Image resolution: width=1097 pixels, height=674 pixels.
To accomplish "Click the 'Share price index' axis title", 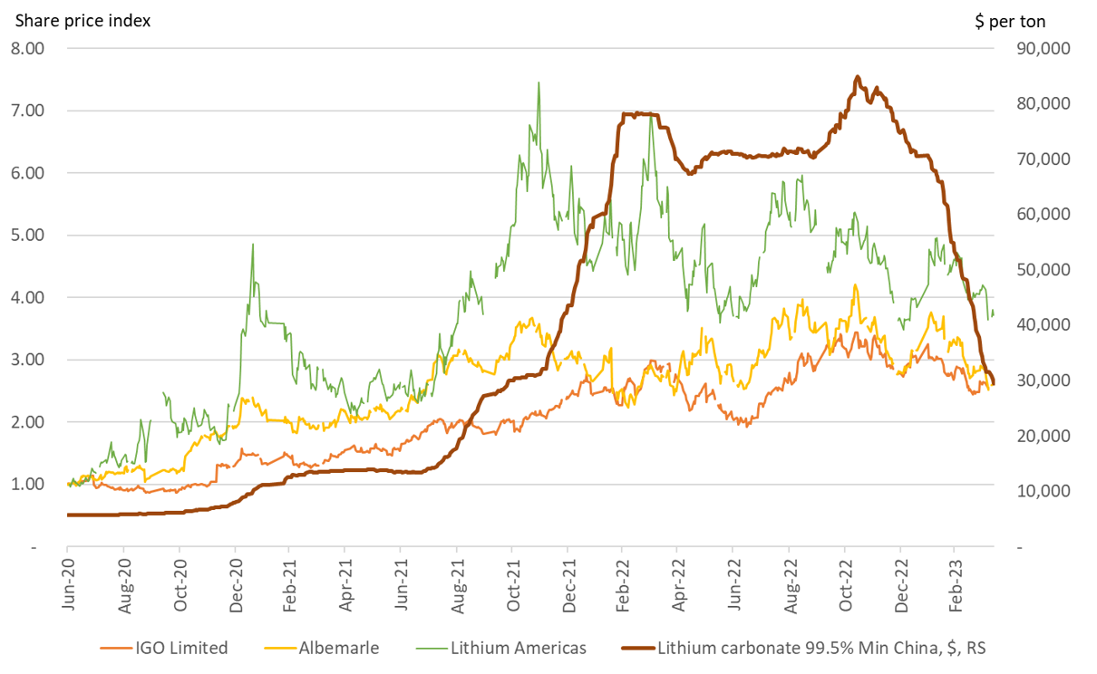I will pyautogui.click(x=83, y=19).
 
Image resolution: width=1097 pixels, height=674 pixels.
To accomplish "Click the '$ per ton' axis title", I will pyautogui.click(x=1009, y=21).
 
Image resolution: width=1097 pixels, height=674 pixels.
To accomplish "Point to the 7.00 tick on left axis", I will pyautogui.click(x=28, y=111).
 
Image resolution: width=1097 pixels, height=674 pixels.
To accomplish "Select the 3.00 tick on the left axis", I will pyautogui.click(x=28, y=360).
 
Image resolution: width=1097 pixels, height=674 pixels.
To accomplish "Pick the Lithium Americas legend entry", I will pyautogui.click(x=504, y=648).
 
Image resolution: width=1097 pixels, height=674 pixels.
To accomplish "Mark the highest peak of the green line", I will pyautogui.click(x=539, y=83).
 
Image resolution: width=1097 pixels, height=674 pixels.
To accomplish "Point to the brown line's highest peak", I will pyautogui.click(x=858, y=77).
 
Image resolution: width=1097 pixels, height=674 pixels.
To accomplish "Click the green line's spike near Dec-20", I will pyautogui.click(x=252, y=245).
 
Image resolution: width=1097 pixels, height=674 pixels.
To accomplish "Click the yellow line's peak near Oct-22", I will pyautogui.click(x=854, y=285).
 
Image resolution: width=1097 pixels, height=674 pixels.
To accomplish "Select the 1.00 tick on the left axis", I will pyautogui.click(x=28, y=484).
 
